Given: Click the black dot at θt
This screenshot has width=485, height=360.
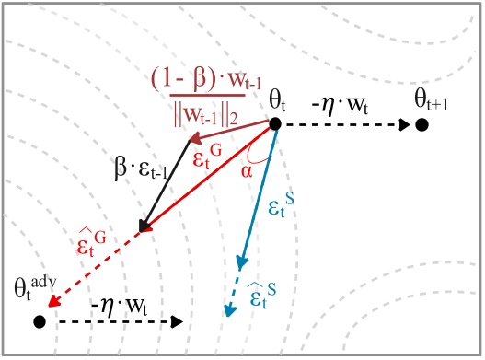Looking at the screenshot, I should [x=274, y=124].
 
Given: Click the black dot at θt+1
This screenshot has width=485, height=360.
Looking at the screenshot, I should [x=421, y=124].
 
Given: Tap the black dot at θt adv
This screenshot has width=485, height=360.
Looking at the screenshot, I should [x=39, y=321].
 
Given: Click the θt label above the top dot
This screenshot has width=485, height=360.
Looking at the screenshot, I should [x=280, y=99].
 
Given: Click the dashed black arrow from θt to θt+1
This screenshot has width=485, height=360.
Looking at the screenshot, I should [x=345, y=124].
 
